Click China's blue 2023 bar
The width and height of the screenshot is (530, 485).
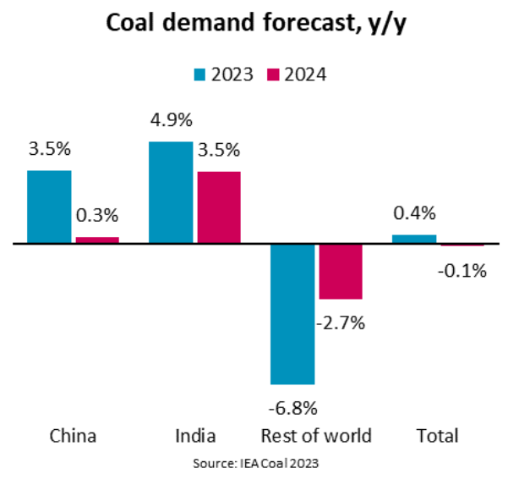pos(49,207)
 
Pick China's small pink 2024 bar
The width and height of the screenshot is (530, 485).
pos(97,240)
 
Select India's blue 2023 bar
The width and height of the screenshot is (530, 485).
pos(171,192)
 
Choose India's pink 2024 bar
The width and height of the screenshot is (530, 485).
pos(219,207)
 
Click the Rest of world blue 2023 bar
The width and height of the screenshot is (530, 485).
pos(292,313)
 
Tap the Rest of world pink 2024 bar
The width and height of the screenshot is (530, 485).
pos(341,271)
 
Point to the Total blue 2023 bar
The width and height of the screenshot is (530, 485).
pos(414,239)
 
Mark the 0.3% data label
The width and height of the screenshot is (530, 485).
pos(97,216)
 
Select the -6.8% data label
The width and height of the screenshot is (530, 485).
pos(292,408)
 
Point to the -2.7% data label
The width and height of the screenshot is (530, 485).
pos(341,322)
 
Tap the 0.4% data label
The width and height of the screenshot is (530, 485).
pos(414,212)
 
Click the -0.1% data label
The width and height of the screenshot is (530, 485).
pos(463,271)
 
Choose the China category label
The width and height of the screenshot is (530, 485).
pos(73,436)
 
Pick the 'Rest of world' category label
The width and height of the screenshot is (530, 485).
pos(317,436)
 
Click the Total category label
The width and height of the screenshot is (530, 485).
pos(438,436)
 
